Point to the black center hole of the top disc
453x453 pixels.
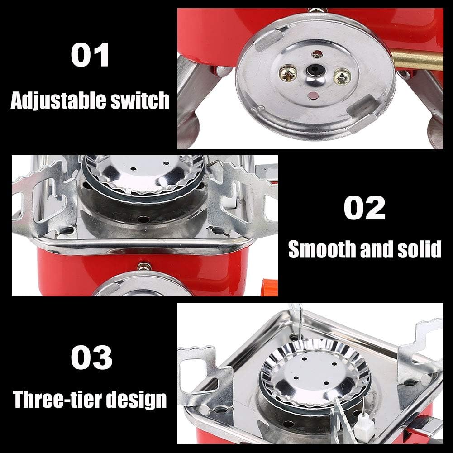point(313,71)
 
